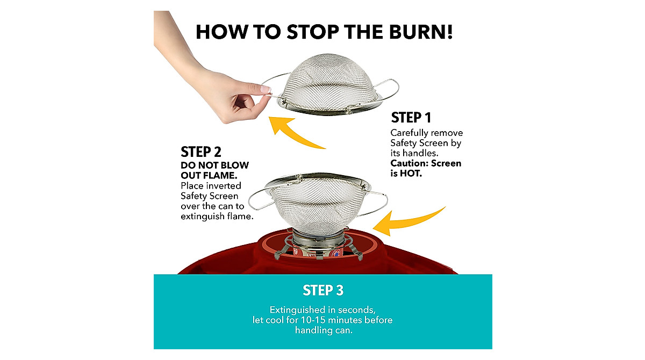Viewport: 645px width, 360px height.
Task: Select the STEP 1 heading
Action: click(x=411, y=118)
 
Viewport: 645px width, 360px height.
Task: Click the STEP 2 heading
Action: click(x=201, y=152)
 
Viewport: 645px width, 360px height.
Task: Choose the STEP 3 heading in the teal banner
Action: click(x=323, y=291)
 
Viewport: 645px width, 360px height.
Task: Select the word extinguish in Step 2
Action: click(x=203, y=217)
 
